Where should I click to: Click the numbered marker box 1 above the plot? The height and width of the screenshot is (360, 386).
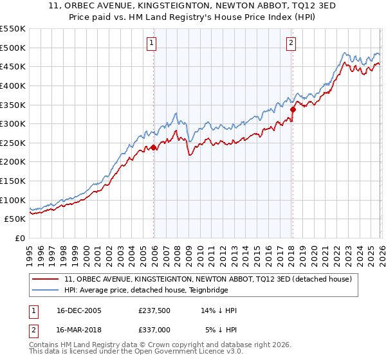152,43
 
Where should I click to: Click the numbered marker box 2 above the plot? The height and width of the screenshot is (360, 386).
291,43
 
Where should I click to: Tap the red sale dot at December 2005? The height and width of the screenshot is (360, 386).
154,147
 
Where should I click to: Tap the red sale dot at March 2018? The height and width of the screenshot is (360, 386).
293,109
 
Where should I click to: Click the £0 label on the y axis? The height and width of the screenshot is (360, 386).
21,238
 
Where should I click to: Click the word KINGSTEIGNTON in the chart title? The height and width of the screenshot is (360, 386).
151,6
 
